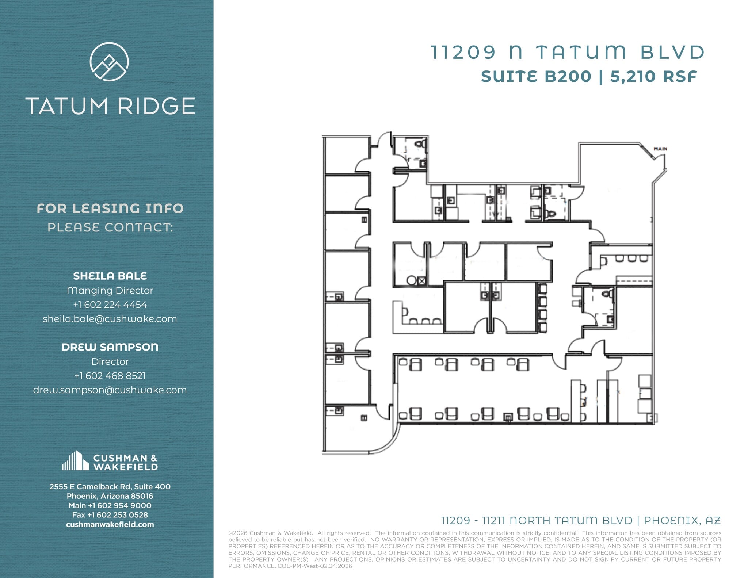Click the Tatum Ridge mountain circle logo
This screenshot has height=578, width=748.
pos(109,61)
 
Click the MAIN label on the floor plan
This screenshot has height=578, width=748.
pos(660,149)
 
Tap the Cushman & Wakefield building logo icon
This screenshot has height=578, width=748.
pos(75,461)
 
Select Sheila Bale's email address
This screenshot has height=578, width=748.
pos(110,319)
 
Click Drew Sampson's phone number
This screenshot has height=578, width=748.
pos(110,376)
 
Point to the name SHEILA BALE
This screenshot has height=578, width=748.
pos(110,276)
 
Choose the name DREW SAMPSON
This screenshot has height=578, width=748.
pos(110,347)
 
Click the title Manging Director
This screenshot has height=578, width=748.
pos(110,290)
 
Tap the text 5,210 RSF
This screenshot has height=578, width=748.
pos(653,77)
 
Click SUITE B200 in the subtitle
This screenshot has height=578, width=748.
pos(536,77)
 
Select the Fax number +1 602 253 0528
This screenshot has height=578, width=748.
pos(110,515)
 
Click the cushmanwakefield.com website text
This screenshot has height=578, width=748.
pos(110,524)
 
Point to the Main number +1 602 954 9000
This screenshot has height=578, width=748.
pos(110,505)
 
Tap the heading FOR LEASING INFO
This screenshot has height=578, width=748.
pos(110,208)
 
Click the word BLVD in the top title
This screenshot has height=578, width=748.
pos(672,52)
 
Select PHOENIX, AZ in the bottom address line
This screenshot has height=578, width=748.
pos(682,520)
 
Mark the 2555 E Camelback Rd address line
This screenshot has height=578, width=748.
pos(110,486)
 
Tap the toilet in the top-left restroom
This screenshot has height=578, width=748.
pos(421,143)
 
